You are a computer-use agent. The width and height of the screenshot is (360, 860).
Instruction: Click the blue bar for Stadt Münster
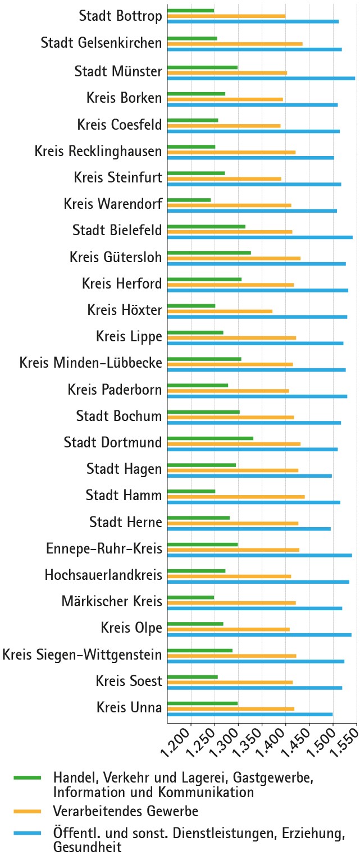coord(261,78)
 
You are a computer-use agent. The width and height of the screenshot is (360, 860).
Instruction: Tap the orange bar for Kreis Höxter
coord(220,311)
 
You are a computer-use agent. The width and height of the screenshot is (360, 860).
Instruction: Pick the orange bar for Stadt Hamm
coord(236,496)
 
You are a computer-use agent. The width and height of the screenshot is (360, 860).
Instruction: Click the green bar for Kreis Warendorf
coord(189,200)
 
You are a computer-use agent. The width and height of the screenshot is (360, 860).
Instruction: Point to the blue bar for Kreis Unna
coord(250,714)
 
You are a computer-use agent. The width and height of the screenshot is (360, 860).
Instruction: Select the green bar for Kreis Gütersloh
coord(209,253)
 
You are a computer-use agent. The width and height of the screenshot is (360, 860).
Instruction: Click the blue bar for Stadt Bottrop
coord(253,21)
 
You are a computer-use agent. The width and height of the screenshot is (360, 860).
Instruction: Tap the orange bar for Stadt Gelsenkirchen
coord(235,43)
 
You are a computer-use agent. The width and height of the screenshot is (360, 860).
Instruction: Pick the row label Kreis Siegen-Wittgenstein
coord(83,655)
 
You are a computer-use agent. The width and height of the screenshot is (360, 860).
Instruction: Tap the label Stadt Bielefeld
coord(117,230)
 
